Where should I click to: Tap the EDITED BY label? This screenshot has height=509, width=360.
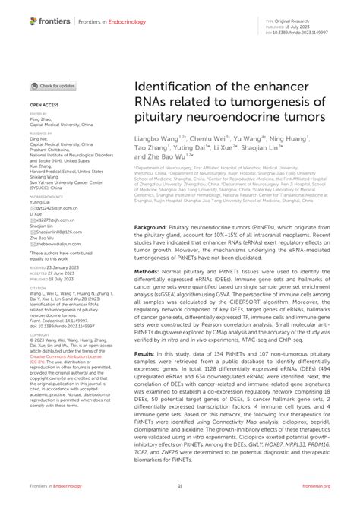[39, 114]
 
